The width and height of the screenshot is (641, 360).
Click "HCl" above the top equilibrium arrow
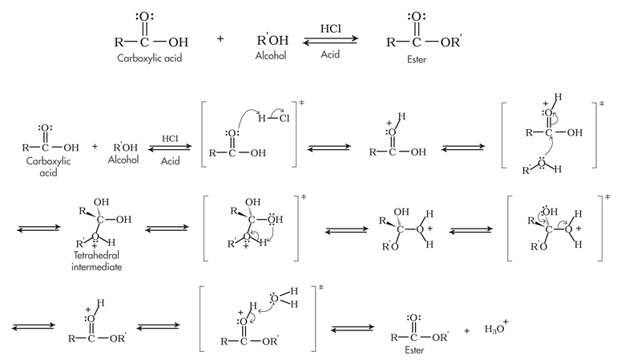[x=331, y=29]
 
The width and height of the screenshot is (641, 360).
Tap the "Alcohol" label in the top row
[x=270, y=57]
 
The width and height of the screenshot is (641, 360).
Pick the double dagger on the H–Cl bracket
[x=302, y=104]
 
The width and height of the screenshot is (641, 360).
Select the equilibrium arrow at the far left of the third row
[x=34, y=228]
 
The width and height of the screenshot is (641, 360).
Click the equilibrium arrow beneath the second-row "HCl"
[x=170, y=148]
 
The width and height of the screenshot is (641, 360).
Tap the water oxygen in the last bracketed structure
[x=275, y=298]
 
